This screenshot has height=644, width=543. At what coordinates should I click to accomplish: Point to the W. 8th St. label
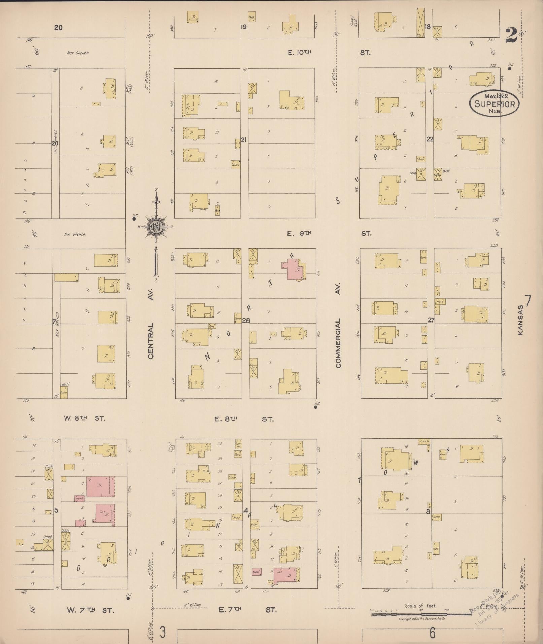(x=84, y=419)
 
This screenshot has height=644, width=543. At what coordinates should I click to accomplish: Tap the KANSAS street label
(x=521, y=320)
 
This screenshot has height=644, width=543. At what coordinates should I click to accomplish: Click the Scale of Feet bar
(x=421, y=614)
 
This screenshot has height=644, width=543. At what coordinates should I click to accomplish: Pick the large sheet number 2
(x=511, y=35)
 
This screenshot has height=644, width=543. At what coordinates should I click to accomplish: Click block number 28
(x=246, y=320)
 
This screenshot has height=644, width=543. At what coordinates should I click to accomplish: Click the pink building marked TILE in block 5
(x=104, y=513)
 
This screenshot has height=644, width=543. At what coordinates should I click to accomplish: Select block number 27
(x=431, y=320)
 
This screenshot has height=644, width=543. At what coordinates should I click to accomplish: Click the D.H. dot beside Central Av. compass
(x=134, y=219)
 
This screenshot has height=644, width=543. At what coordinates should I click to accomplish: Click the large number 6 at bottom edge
(x=432, y=633)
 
